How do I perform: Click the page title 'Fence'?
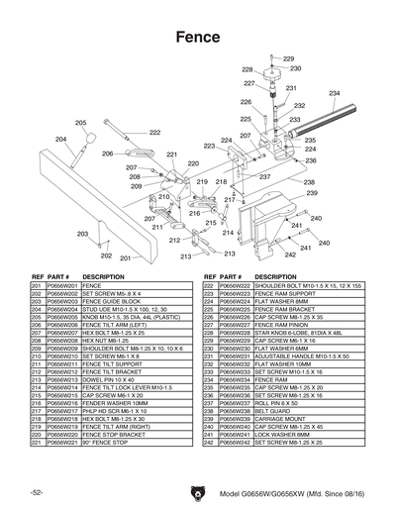tap(198, 37)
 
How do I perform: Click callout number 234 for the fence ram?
tap(335, 93)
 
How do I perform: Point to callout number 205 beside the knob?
tap(80, 123)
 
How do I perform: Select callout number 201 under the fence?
tap(126, 257)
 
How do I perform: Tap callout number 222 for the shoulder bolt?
tap(154, 132)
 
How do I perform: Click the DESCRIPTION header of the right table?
tap(275, 276)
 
